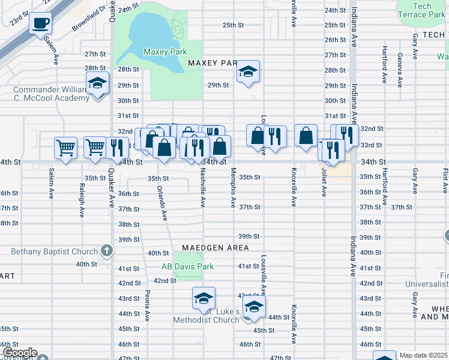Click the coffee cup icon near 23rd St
pyautogui.click(x=41, y=24)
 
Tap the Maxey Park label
pyautogui.click(x=165, y=52)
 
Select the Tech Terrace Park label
pyautogui.click(x=422, y=10)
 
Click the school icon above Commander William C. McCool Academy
pyautogui.click(x=97, y=84)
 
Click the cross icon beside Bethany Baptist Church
pyautogui.click(x=107, y=251)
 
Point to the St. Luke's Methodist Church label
pyautogui.click(x=206, y=316)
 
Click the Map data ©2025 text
pyautogui.click(x=423, y=356)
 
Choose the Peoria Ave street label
pyautogui.click(x=146, y=306)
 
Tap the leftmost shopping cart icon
pyautogui.click(x=65, y=147)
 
